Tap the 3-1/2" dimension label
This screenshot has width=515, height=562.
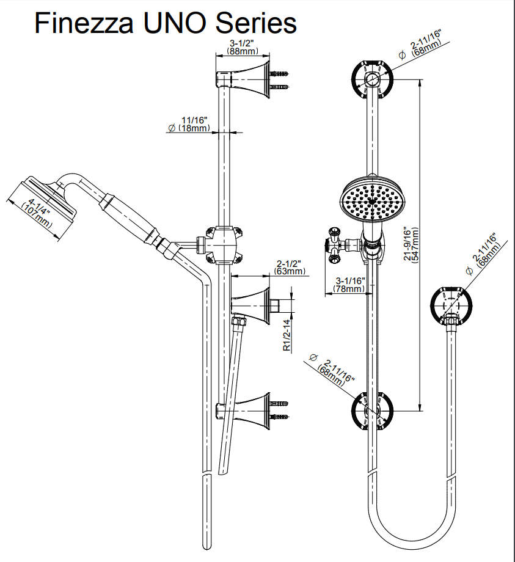click(243, 43)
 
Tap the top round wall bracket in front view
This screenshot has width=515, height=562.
click(372, 79)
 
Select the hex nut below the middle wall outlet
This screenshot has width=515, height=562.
click(239, 320)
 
